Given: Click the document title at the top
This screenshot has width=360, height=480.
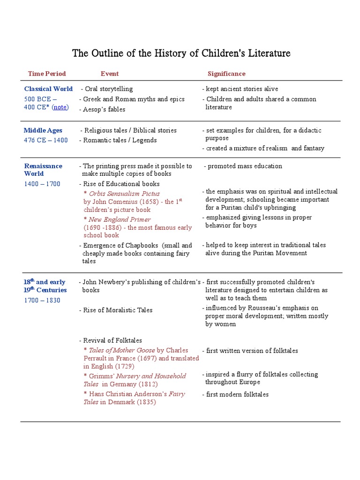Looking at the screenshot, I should click(x=181, y=53).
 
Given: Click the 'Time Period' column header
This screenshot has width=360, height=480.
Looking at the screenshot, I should click(x=47, y=74).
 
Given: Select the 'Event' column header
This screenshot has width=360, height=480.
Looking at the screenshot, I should click(x=109, y=74).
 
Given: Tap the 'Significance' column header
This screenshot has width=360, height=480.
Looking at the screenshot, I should click(x=226, y=74).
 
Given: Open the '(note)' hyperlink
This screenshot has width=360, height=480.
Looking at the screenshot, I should click(x=60, y=107).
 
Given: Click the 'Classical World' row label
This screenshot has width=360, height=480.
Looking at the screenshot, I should click(x=48, y=89).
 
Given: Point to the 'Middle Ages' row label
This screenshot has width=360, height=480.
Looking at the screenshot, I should click(x=43, y=130).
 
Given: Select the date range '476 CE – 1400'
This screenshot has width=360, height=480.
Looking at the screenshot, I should click(x=46, y=140).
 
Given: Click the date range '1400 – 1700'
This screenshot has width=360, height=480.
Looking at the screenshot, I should click(x=42, y=184).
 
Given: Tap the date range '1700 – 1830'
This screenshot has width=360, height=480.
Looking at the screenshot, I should click(x=42, y=300).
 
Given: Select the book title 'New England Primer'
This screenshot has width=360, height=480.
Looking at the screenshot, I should click(x=120, y=219).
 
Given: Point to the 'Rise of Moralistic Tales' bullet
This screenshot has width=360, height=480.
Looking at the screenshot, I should click(x=117, y=310).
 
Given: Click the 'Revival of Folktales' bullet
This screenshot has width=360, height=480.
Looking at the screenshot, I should click(x=112, y=340).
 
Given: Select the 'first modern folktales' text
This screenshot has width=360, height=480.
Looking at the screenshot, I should click(x=237, y=394).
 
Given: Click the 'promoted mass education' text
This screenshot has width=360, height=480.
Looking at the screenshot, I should click(x=245, y=166).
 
